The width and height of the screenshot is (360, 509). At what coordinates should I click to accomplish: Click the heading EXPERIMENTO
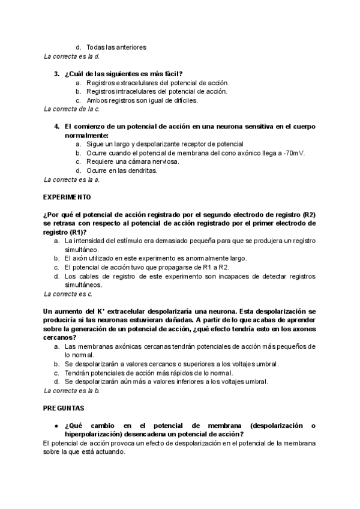click(67, 197)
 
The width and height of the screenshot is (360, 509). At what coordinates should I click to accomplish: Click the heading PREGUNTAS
click(64, 408)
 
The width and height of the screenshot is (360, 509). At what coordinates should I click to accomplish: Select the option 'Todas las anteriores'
click(116, 47)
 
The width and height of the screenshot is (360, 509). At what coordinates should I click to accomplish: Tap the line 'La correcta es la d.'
click(71, 56)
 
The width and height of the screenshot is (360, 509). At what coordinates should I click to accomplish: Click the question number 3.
click(56, 73)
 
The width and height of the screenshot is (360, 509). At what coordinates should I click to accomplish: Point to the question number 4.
click(56, 127)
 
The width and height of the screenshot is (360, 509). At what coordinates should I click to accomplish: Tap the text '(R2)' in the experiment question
click(309, 215)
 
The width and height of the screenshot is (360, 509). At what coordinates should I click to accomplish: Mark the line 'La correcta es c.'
click(68, 294)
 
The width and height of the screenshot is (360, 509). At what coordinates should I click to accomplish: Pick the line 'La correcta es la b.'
click(71, 391)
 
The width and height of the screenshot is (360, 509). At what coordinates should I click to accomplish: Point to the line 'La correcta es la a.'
click(71, 179)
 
